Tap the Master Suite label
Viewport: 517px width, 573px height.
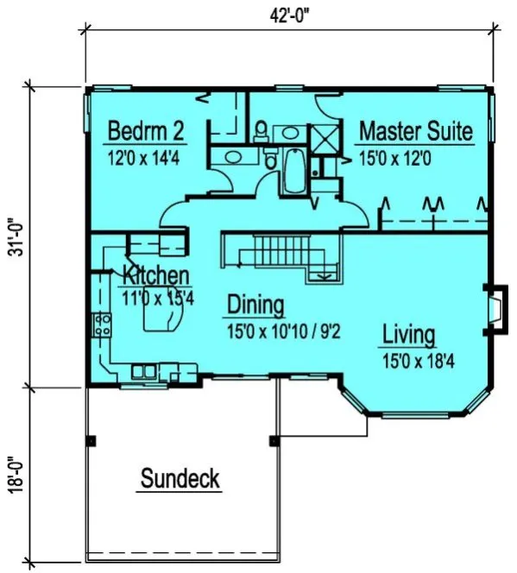point(415,131)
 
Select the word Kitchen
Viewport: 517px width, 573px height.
point(155,276)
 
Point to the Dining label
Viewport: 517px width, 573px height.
point(255,305)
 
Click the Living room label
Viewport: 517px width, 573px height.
point(409,334)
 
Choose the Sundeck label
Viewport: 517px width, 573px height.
point(179,478)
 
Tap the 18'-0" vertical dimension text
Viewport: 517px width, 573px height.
point(11,474)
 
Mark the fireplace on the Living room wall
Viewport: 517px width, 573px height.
point(495,308)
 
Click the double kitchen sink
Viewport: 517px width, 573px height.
point(143,372)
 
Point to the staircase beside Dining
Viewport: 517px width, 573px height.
point(276,255)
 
